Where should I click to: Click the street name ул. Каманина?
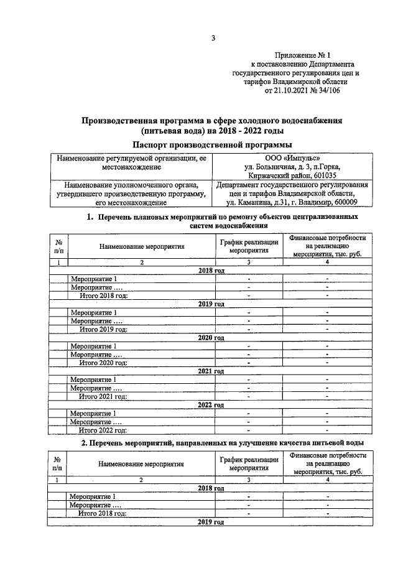coord(248,202)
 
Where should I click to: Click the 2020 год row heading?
coord(211,338)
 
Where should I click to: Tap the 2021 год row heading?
coord(211,371)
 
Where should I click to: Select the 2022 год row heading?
coord(211,405)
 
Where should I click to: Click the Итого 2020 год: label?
coord(103,363)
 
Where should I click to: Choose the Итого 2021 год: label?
coord(103,396)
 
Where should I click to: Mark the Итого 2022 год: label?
coord(103,430)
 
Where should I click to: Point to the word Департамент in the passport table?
coord(241,185)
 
